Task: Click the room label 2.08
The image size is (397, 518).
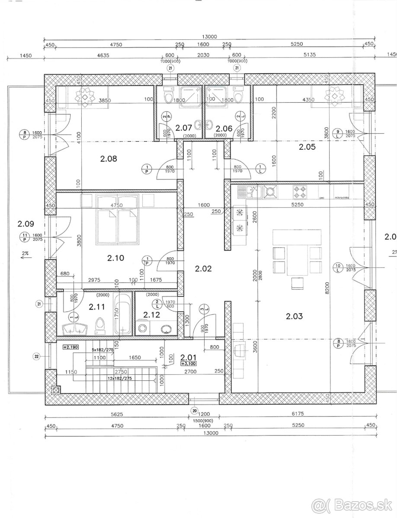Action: click(x=109, y=158)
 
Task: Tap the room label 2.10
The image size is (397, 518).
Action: click(x=115, y=258)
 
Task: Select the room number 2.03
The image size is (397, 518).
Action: click(x=294, y=316)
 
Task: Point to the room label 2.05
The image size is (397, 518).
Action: click(x=307, y=147)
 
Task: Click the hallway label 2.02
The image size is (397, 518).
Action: click(x=203, y=268)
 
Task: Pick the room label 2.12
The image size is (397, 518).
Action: click(x=152, y=314)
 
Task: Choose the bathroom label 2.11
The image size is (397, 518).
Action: click(x=97, y=307)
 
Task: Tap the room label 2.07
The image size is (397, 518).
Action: click(x=183, y=127)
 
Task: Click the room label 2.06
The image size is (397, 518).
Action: click(x=224, y=128)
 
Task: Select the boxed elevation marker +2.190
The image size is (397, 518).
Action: click(x=70, y=347)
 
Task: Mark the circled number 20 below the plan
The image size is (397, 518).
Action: click(x=194, y=411)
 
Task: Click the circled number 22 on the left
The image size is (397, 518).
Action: click(x=36, y=356)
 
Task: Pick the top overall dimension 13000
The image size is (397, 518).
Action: click(x=208, y=37)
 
